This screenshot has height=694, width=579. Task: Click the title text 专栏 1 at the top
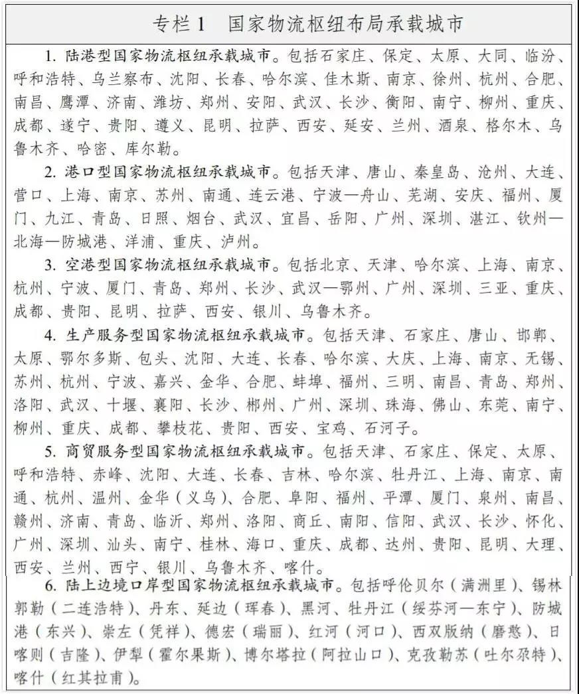(x=181, y=25)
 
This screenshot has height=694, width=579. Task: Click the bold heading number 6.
(x=50, y=586)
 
